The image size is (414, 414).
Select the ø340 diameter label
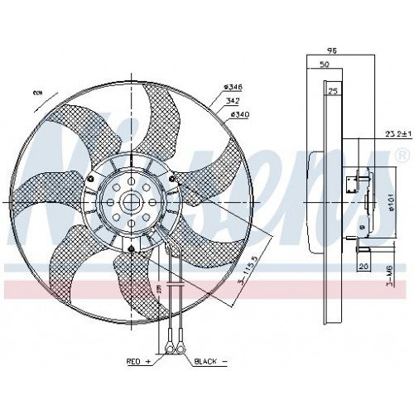point(240,113)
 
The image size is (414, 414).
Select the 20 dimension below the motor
point(363,266)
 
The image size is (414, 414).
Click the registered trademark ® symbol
point(402,155)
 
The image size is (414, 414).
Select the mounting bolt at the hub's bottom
point(132,248)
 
